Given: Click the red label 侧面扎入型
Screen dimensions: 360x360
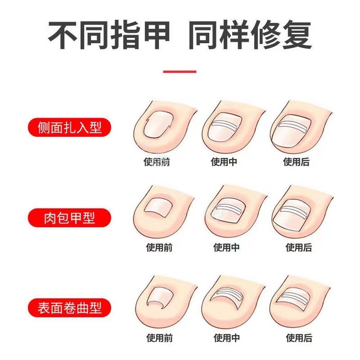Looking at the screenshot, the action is coord(69,127).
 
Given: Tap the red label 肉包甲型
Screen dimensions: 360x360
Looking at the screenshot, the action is coord(69,218).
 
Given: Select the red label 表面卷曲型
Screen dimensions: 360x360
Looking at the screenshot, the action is coord(69,308).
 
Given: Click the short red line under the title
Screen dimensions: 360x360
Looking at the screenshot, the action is coord(180,72).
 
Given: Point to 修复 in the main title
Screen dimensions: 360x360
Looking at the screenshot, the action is coord(281,35).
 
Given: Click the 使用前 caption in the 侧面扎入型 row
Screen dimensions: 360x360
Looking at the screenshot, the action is coord(157,162).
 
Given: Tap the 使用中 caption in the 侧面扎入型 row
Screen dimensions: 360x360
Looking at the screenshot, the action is coord(224,162).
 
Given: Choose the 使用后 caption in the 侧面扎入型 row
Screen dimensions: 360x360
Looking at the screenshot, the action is coord(296,162).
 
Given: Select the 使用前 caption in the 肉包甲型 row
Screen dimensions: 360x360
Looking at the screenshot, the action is coord(159,248).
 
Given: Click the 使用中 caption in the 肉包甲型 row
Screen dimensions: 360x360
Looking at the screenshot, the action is coord(226,248).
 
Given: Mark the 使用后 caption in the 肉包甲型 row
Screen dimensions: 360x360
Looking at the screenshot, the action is coord(299,248).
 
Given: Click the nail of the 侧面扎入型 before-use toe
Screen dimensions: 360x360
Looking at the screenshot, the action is coord(158,125).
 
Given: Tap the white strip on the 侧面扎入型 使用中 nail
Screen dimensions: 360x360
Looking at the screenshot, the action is coord(225,125).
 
